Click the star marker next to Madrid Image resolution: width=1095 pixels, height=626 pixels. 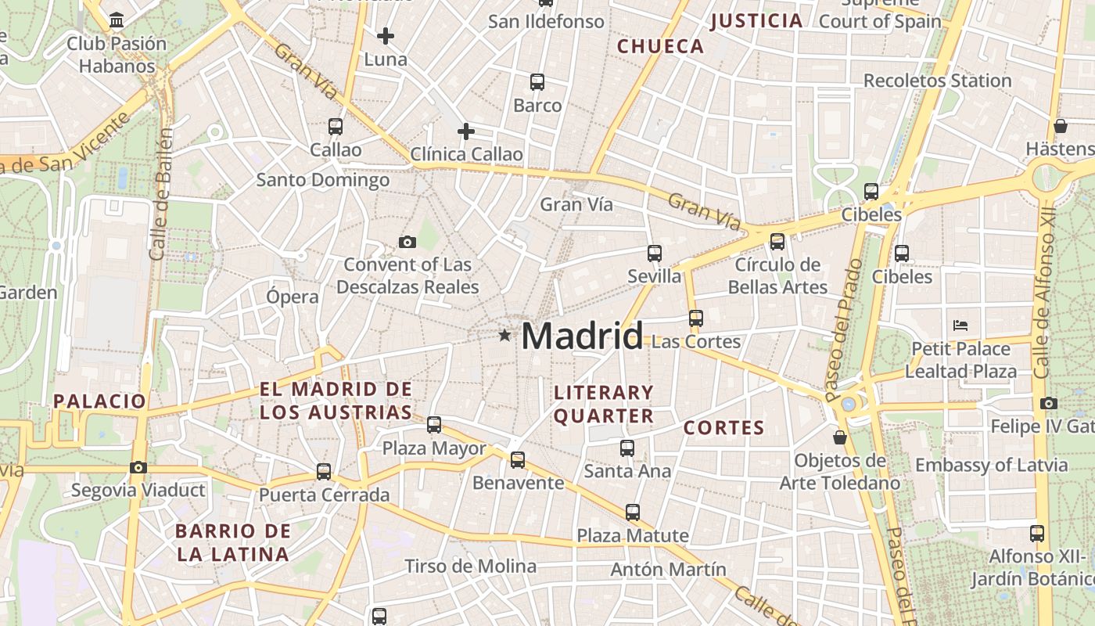505,336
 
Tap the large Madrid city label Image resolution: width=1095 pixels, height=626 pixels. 582,336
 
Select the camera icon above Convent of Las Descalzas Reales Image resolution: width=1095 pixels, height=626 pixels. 407,242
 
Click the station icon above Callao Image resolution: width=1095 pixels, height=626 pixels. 336,126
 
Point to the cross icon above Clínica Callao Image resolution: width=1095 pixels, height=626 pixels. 466,131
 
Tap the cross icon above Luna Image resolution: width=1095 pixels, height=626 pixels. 386,36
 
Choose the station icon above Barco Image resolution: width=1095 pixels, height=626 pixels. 537,81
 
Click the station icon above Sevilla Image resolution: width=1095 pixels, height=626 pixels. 655,254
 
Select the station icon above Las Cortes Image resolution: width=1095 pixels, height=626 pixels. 696,318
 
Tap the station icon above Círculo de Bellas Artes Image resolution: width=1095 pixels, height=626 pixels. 777,242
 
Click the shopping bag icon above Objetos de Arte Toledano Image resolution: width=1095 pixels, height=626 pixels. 840,437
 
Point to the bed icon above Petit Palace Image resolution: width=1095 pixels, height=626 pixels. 960,325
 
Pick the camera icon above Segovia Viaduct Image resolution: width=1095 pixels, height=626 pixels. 138,468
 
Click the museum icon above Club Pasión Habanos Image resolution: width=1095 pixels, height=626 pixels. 117,20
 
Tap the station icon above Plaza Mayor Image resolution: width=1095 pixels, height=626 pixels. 434,425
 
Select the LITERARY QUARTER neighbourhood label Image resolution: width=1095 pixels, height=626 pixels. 603,404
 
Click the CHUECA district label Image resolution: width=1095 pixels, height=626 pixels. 661,46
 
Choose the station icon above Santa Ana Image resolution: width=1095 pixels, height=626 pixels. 627,448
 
